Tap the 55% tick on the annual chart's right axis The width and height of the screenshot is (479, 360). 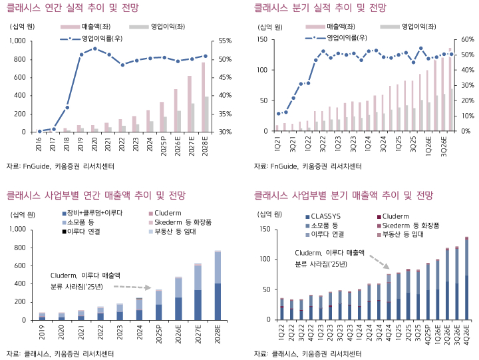click(226, 41)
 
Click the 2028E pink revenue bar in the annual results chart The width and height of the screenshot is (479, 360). click(203, 97)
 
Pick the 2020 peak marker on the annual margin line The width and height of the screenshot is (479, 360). click(95, 49)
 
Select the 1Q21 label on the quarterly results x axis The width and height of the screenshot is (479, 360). click(279, 143)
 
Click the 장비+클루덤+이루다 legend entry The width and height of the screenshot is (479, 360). click(93, 212)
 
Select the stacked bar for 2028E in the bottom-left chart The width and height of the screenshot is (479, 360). click(218, 285)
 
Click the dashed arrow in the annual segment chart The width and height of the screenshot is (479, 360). click(128, 287)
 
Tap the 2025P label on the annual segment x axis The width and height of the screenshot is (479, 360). click(158, 331)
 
